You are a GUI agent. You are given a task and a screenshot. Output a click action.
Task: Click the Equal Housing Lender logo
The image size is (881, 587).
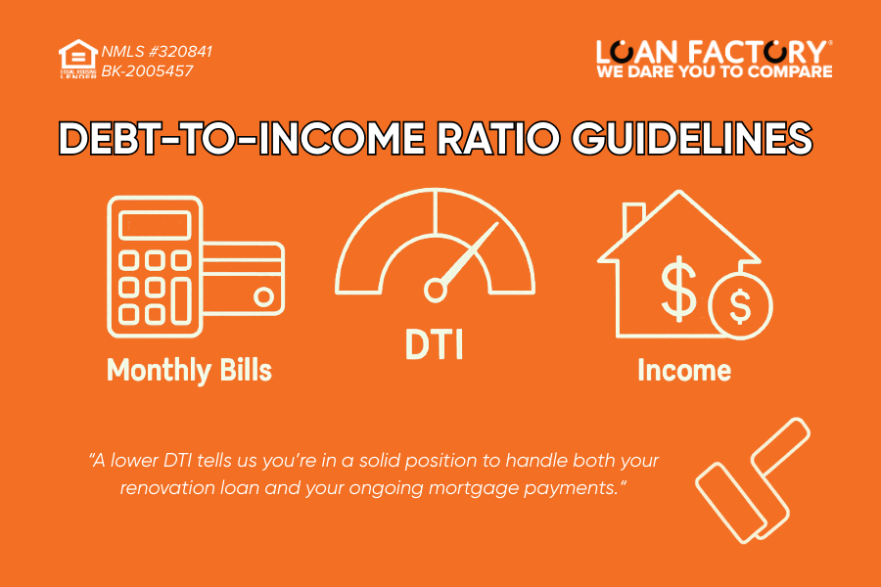pos(78,60)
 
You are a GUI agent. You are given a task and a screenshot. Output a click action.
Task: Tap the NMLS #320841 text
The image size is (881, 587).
pos(157,51)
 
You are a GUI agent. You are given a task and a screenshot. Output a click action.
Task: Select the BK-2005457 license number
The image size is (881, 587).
pos(146,70)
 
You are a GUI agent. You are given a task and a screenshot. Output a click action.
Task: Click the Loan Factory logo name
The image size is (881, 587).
pos(715,51)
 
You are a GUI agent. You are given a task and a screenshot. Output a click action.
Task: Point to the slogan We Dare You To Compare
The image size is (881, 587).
pos(715,71)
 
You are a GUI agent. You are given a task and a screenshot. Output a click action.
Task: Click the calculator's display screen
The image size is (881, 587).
pos(155,226)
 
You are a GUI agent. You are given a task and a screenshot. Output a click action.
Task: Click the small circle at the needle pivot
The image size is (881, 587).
pos(434,290)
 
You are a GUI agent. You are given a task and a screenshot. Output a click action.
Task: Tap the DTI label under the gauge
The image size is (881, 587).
pos(435,344)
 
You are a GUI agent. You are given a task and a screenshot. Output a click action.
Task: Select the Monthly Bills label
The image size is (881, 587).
pos(189,370)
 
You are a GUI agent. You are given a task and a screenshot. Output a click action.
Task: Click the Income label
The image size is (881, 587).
pos(684,370)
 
